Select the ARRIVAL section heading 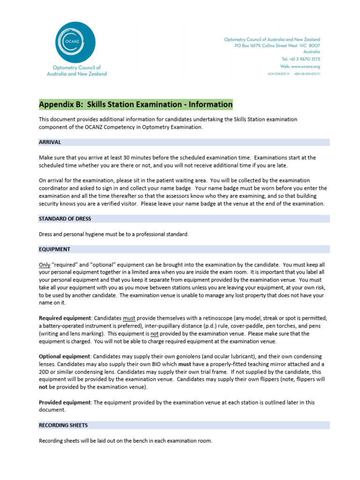(50, 142)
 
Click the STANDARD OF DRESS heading (65, 219)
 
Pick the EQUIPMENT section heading (54, 249)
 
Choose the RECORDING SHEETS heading (63, 426)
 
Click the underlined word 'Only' (44, 264)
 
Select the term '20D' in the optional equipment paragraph (44, 372)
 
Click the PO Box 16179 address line (277, 46)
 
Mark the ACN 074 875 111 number (278, 74)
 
